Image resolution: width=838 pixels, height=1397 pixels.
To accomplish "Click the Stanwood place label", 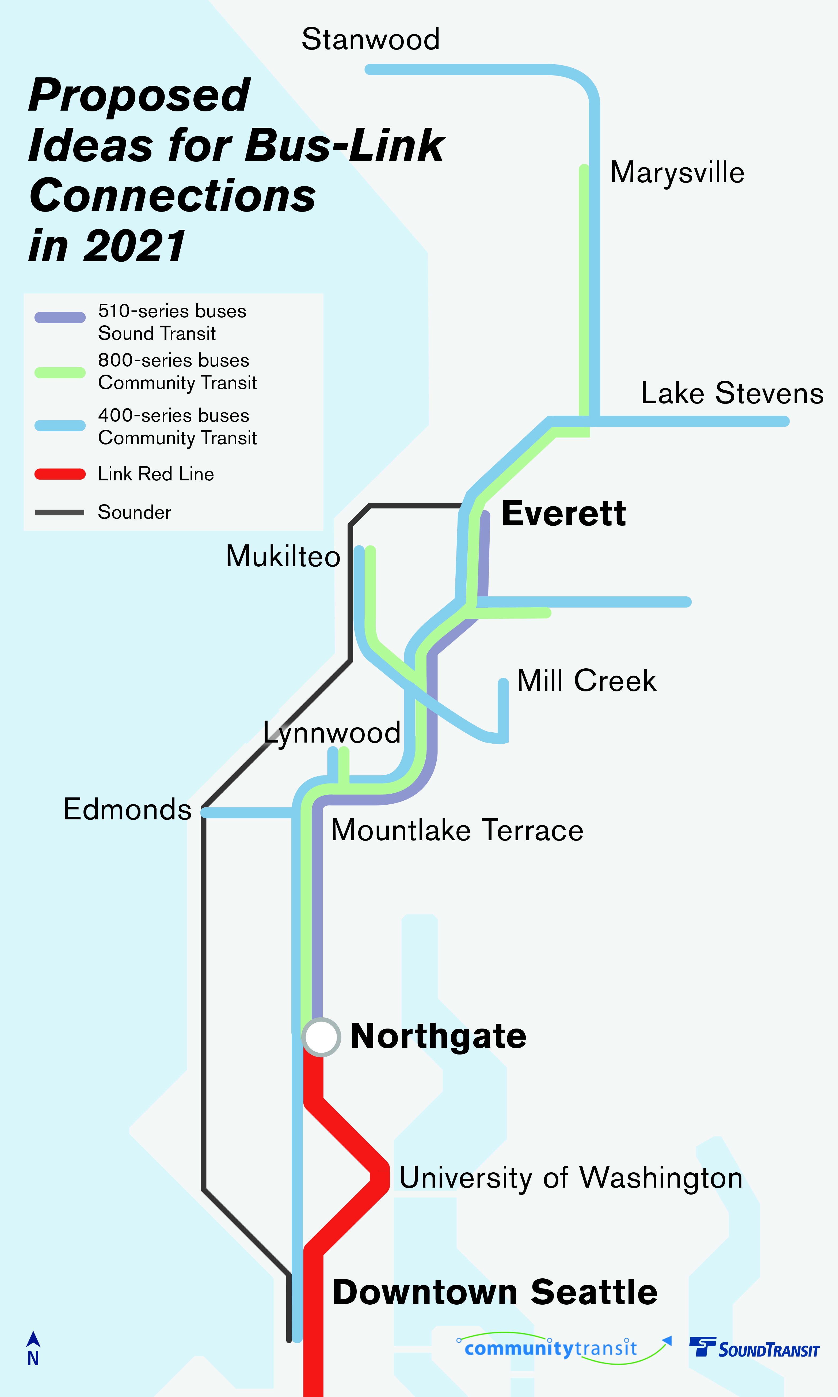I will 370,40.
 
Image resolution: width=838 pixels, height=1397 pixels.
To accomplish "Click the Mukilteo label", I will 283,556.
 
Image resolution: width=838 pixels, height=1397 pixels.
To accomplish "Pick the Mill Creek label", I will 586,680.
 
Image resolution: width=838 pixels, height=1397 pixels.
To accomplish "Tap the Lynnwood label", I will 332,733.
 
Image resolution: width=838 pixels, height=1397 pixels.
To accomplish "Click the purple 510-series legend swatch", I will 60,318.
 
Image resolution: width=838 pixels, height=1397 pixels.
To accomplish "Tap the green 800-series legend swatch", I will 60,372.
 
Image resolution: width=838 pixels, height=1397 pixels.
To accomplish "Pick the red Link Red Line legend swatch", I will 60,474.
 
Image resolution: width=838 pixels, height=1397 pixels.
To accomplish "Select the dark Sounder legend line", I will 60,513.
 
